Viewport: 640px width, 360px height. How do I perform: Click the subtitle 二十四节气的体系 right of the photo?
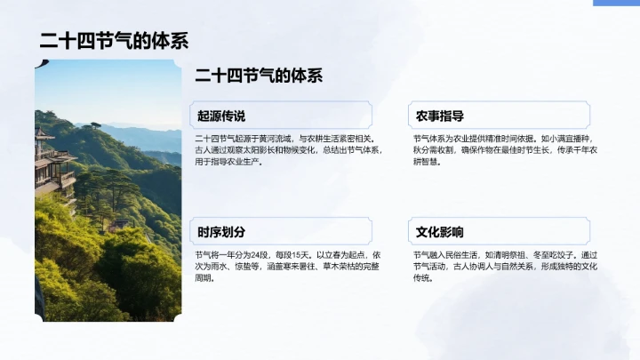[258, 76]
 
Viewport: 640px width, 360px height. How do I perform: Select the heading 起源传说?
[220, 116]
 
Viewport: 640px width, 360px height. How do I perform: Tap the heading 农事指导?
[440, 116]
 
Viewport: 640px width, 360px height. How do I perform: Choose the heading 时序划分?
[220, 232]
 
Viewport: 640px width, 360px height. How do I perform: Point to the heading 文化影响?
[440, 232]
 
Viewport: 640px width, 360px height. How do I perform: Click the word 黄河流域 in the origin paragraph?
[273, 139]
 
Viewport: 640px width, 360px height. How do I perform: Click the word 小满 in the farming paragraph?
[551, 139]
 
